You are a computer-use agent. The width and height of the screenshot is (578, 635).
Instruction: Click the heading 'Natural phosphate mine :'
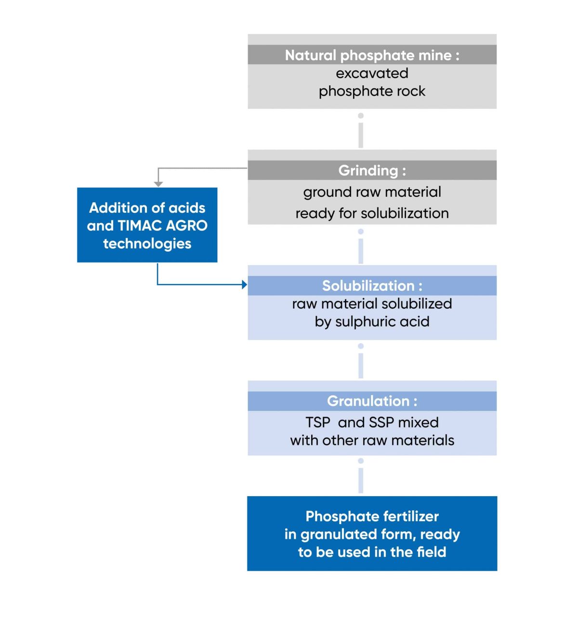372,55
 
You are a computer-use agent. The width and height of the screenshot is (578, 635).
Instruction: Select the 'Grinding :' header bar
372,170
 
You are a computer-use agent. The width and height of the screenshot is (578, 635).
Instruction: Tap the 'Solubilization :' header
372,285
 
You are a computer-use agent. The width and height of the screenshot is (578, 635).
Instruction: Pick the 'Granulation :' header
372,401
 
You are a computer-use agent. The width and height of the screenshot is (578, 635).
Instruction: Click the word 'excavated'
372,73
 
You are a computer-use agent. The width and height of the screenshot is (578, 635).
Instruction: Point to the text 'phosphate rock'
372,91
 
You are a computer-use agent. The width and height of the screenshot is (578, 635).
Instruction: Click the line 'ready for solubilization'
372,213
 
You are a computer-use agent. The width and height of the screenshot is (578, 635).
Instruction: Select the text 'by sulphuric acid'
372,322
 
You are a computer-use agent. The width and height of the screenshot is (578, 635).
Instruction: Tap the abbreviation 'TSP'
318,422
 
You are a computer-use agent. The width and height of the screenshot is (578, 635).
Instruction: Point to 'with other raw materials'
372,440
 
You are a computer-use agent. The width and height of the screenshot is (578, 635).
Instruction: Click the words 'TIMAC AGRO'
162,226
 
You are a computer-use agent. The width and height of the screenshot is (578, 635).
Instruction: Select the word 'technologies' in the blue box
147,243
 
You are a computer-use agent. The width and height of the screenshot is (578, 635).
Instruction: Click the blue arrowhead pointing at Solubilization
244,284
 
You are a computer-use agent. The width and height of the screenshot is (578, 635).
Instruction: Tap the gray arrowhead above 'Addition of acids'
158,184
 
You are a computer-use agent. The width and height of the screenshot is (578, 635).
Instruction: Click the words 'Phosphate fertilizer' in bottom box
372,516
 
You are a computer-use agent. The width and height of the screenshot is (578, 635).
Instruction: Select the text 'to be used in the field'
372,552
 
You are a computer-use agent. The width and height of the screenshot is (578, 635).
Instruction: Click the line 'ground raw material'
372,192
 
